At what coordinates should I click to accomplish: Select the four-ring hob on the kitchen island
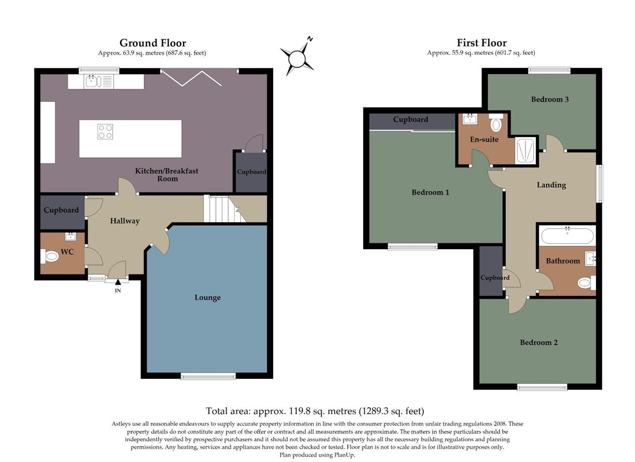[105, 131]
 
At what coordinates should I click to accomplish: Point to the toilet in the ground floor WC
[50, 257]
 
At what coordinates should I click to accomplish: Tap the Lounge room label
[207, 298]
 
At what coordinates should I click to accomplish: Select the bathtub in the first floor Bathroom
[567, 236]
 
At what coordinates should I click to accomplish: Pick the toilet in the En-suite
[496, 124]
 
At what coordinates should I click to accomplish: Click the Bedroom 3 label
[549, 99]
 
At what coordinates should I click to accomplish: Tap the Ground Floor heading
[153, 43]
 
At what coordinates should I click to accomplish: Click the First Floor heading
[481, 43]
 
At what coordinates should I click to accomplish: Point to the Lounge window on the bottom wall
[208, 376]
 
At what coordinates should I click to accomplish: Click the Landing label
[551, 185]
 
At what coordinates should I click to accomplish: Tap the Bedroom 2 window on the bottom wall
[542, 387]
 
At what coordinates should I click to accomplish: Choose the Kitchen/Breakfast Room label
[167, 175]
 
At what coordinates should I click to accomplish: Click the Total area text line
[315, 411]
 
